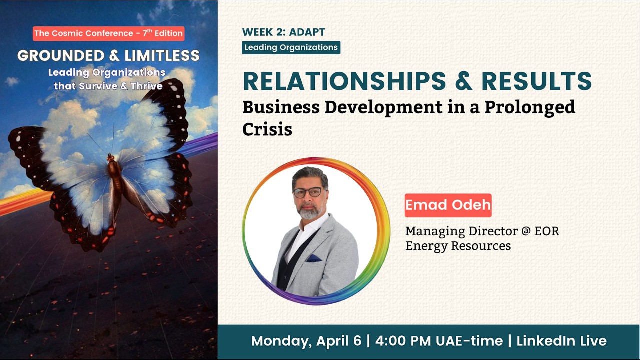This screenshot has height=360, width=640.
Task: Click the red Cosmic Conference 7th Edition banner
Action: pos(109,33)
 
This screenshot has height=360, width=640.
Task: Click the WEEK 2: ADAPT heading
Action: pos(283,32)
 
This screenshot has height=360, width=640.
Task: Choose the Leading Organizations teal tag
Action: pos(291,48)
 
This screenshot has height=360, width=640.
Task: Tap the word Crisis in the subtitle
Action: pos(267,129)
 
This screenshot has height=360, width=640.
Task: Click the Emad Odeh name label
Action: pos(448,205)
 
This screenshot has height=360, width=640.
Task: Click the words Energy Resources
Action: pos(458,246)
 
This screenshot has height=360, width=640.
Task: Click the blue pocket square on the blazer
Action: pos(313,258)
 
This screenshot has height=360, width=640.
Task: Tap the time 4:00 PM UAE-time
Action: pos(438,341)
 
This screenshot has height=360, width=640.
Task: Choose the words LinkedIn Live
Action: pos(561,341)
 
